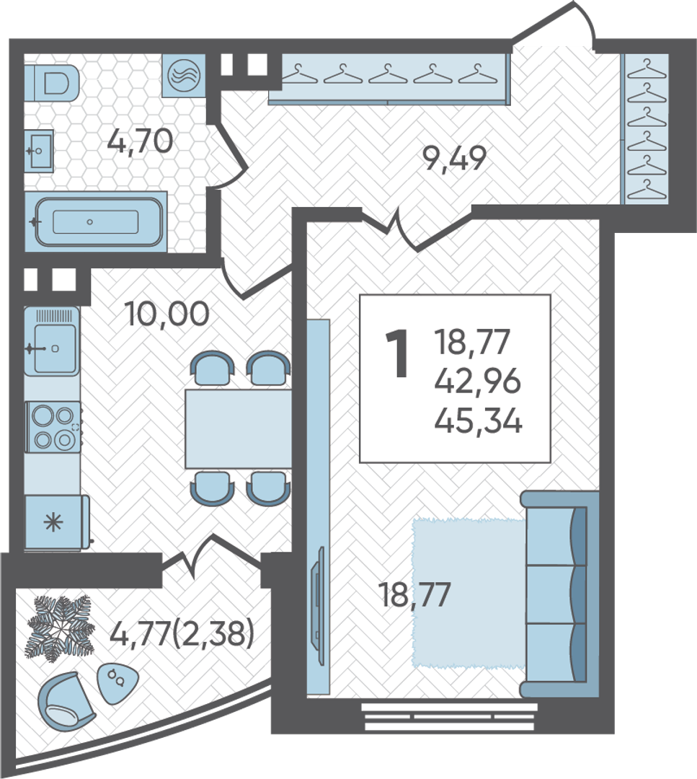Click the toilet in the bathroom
(52, 82)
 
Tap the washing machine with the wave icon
(184, 76)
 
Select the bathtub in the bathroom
(96, 221)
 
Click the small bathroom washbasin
(39, 151)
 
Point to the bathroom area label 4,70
(140, 141)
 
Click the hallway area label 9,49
(454, 159)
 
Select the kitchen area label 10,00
(167, 314)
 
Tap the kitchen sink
(52, 341)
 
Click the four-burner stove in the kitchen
(53, 427)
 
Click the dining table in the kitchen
(239, 428)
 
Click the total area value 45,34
(478, 422)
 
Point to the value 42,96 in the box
(478, 382)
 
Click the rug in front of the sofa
(469, 593)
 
